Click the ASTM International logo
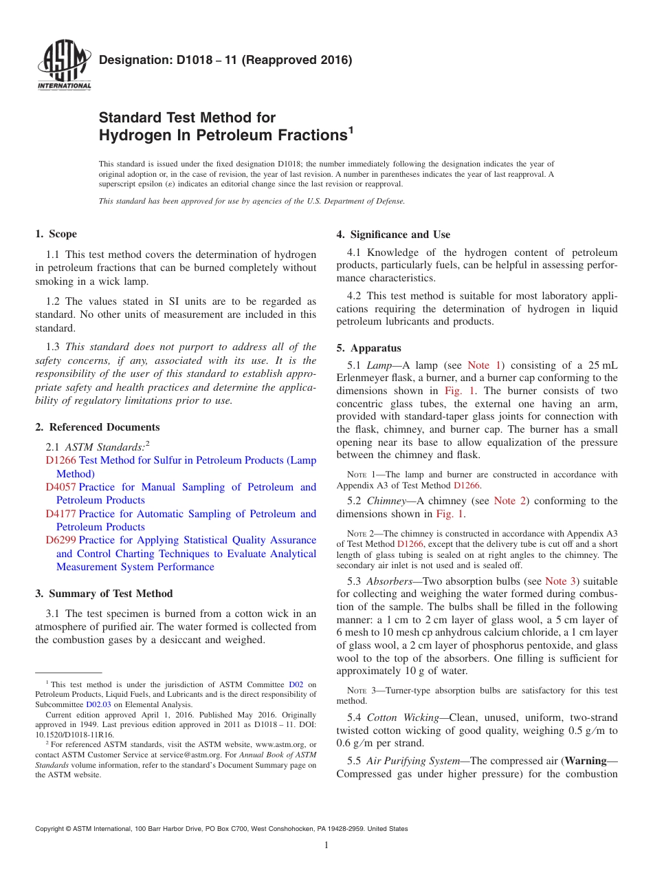[x=63, y=65]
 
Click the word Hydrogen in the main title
[x=135, y=136]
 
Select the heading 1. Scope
[x=56, y=234]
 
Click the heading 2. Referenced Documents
[x=97, y=427]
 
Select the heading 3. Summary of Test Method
[x=104, y=594]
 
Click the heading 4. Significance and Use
[x=393, y=235]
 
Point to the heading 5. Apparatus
[x=368, y=348]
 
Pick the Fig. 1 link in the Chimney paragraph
[x=450, y=514]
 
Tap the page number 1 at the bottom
[x=326, y=845]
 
